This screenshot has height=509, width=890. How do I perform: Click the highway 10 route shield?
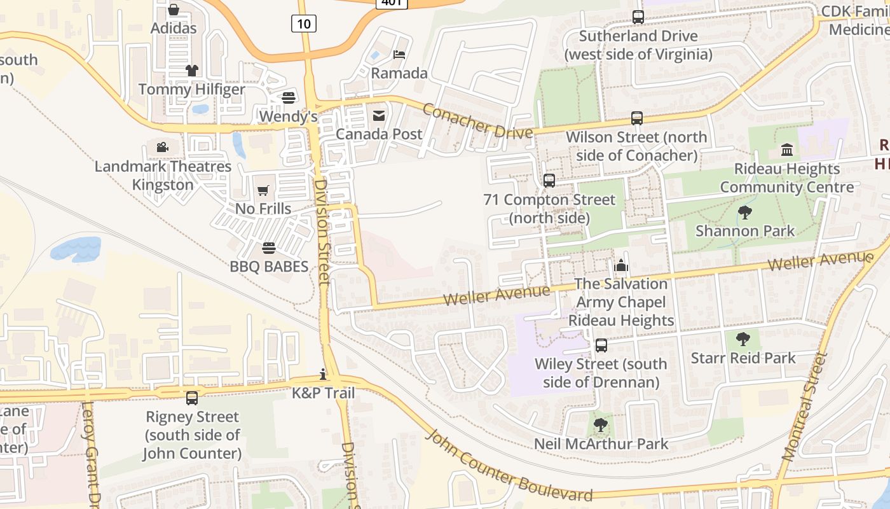304,24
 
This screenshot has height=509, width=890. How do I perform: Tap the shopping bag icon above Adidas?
173,10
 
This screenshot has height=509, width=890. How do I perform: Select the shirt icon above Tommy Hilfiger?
191,70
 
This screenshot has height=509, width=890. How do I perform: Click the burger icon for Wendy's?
289,97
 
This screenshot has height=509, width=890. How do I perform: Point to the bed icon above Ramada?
399,54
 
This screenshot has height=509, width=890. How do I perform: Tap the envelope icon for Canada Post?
379,115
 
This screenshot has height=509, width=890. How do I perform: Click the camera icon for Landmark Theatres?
163,148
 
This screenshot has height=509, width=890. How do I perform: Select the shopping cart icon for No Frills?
263,190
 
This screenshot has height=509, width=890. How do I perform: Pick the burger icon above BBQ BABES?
269,248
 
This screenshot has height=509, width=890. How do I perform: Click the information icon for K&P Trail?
323,374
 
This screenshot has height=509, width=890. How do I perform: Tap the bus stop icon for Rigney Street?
192,398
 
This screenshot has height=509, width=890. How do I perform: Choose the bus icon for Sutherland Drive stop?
638,17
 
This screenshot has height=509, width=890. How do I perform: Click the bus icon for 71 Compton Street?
549,181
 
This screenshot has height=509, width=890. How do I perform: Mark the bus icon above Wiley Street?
601,345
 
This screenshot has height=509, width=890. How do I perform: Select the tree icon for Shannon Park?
744,212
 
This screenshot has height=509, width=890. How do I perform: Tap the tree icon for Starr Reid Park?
743,339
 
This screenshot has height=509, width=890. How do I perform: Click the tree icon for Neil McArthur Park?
600,424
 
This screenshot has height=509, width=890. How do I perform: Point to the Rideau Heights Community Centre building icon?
787,150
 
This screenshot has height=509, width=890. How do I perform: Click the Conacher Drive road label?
477,121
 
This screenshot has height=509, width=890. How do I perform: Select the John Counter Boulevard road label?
509,467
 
